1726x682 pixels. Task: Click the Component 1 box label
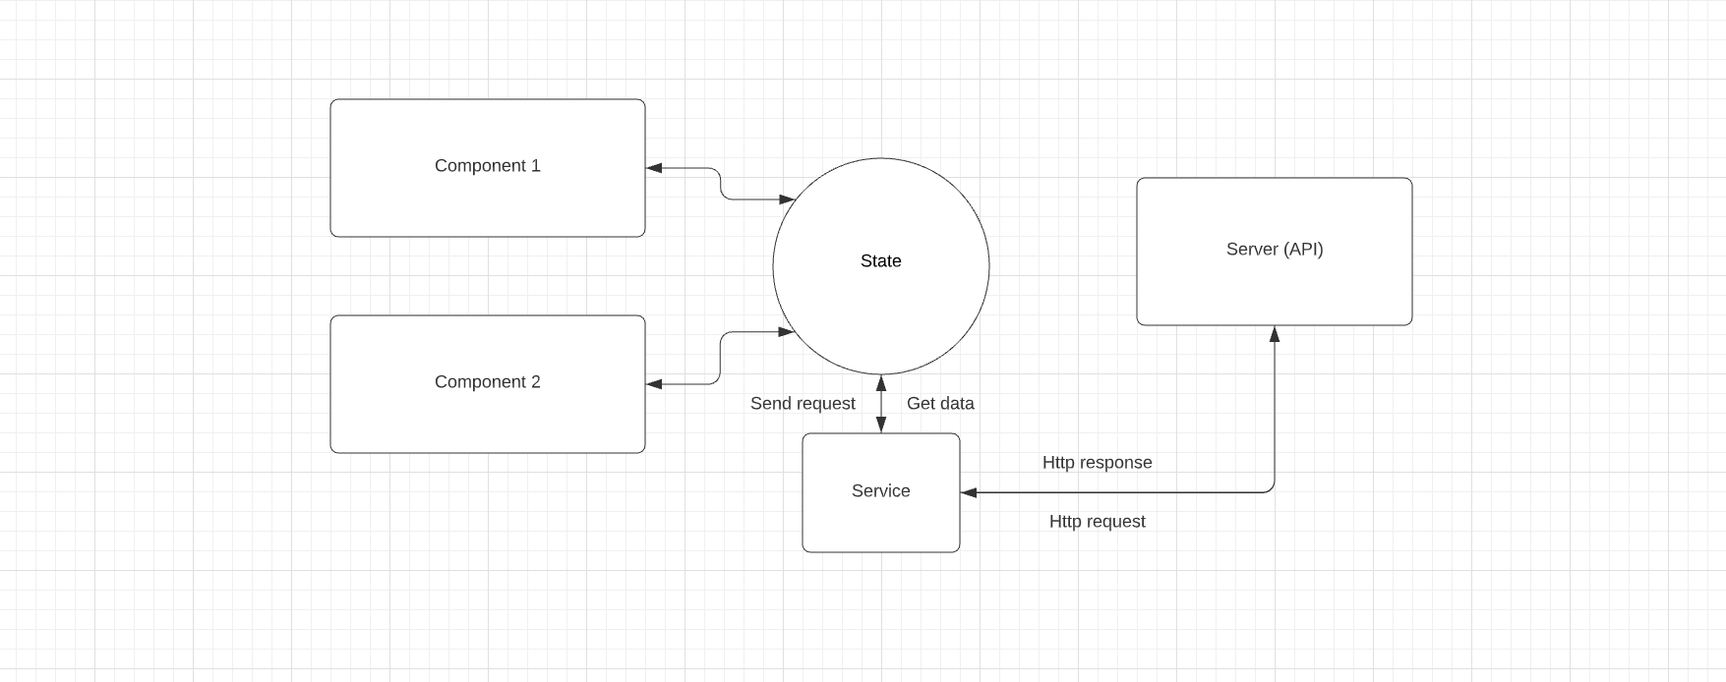(x=487, y=166)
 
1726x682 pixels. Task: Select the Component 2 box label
(x=487, y=382)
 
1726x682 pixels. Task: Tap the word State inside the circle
(x=880, y=261)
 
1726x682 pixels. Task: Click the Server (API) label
(x=1275, y=250)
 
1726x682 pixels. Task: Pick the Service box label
(x=880, y=491)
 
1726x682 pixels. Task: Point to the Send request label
(x=803, y=404)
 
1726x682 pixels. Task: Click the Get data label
(x=940, y=404)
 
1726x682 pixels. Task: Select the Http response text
(x=1097, y=463)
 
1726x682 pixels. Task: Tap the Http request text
(x=1097, y=522)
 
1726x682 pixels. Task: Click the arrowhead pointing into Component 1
(x=654, y=168)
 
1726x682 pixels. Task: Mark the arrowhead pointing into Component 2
(x=654, y=384)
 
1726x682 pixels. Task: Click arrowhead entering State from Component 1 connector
(x=787, y=199)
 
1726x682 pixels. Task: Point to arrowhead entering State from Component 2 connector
(x=787, y=332)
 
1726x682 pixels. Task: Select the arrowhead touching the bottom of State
(x=881, y=382)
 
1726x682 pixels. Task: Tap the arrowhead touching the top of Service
(x=881, y=426)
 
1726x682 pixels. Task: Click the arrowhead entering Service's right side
(x=969, y=492)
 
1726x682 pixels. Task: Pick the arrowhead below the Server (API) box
(x=1275, y=334)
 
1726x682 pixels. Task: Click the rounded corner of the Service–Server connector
(x=1272, y=489)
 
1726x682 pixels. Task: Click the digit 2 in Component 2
(x=535, y=382)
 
